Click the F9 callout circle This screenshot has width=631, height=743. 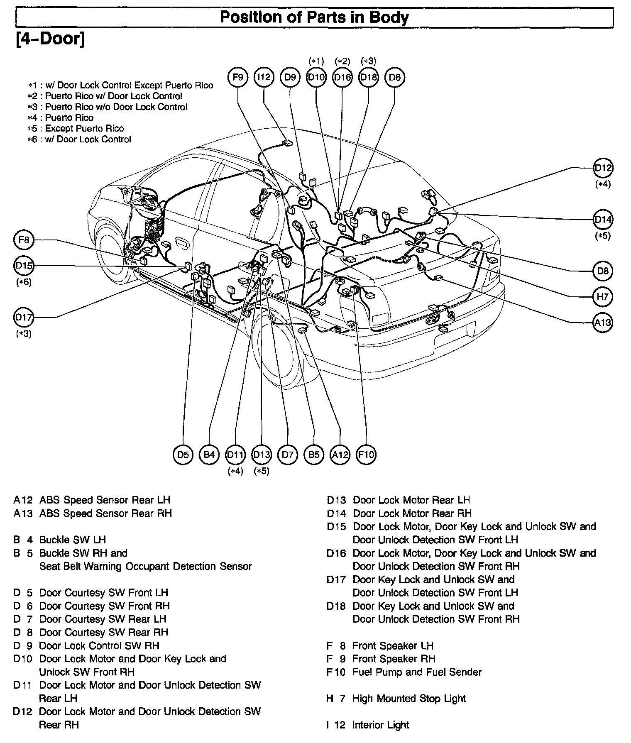pos(238,77)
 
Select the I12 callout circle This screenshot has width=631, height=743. pos(264,77)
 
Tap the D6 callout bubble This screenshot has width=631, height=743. pos(395,77)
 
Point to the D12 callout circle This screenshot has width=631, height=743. pos(603,168)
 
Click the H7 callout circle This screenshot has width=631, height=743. pos(603,297)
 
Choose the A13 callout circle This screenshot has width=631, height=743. pos(603,323)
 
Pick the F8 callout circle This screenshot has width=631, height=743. pos(24,240)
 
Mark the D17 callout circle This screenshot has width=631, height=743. pos(24,318)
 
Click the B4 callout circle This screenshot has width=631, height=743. pos(209,455)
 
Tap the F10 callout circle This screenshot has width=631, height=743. pos(366,455)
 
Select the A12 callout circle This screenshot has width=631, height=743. pos(340,455)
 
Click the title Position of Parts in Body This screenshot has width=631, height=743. pos(314,17)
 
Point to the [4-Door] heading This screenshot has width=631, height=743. pos(50,39)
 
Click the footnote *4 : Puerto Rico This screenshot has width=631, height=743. pos(61,117)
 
